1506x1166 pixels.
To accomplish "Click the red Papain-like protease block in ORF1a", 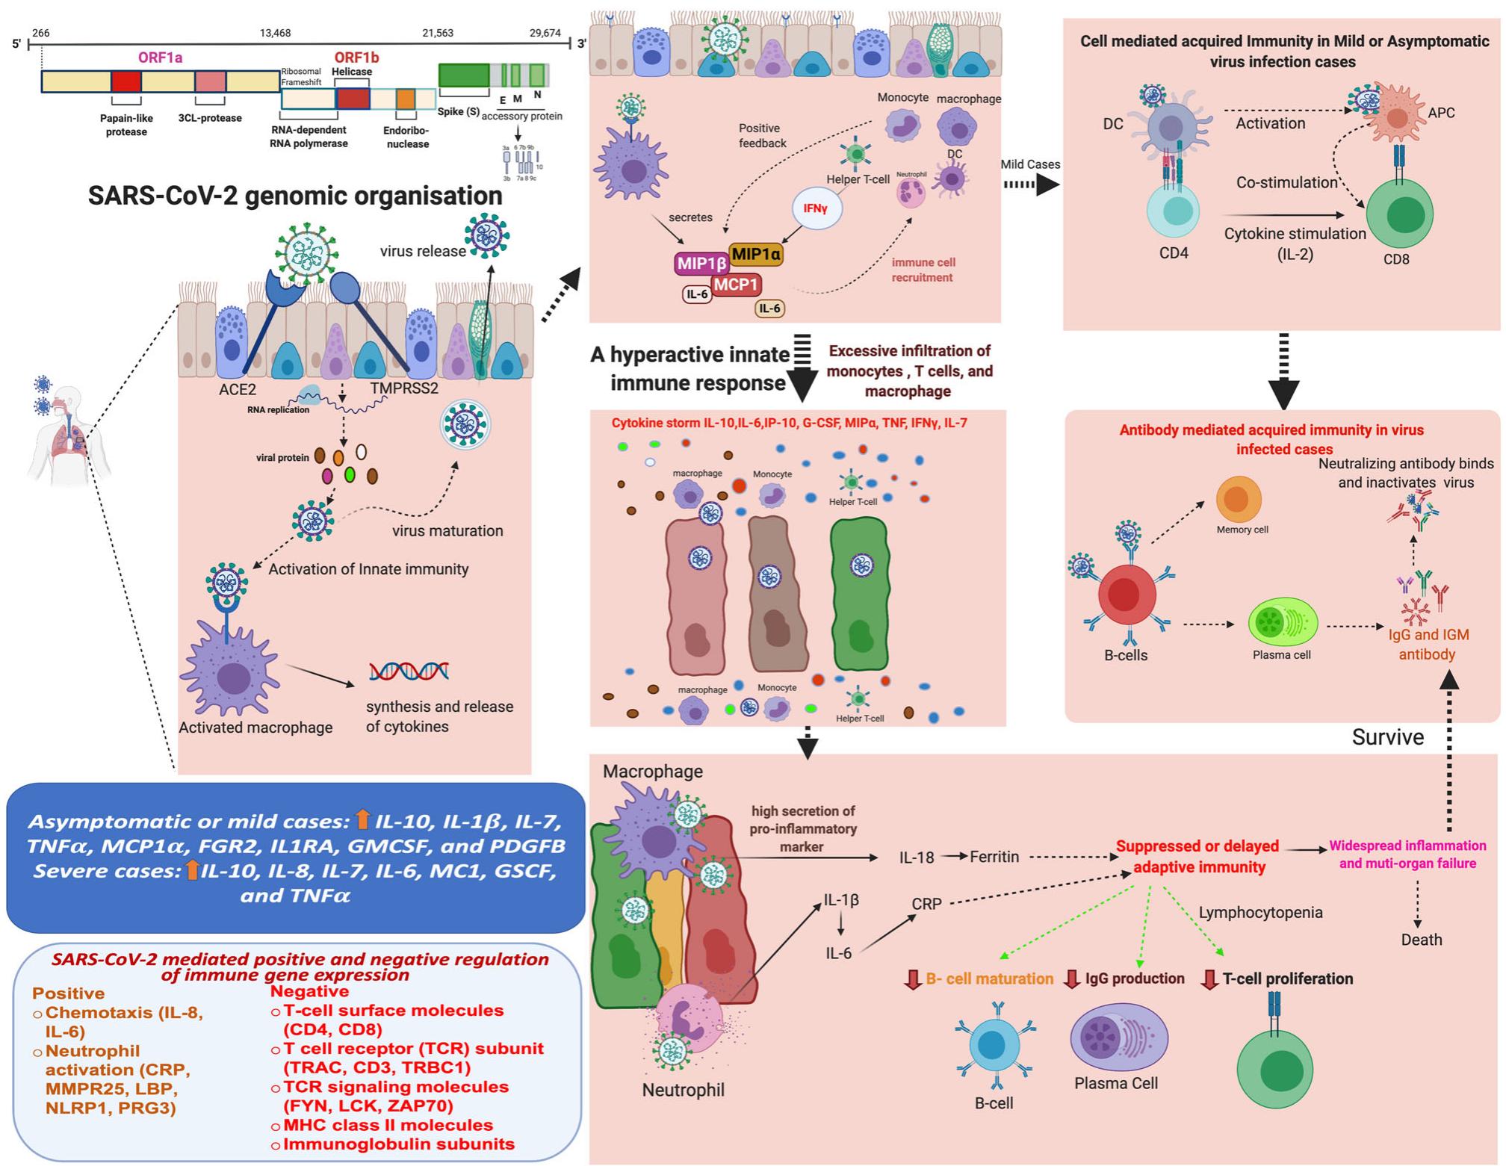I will tap(125, 81).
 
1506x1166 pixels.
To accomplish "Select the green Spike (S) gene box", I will tap(463, 75).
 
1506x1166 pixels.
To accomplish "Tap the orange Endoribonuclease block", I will tap(406, 99).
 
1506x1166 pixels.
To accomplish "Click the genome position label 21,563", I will tap(437, 33).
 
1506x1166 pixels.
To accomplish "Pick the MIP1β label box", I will tap(701, 263).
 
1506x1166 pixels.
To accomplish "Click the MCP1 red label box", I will tap(736, 285).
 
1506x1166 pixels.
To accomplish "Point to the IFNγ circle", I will tap(816, 208).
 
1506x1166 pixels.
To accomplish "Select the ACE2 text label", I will tap(238, 389).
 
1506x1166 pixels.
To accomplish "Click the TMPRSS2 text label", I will tap(404, 389).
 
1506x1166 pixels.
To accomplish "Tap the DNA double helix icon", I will tap(409, 671).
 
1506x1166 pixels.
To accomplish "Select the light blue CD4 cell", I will tap(1173, 211).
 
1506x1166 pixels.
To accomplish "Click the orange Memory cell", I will tap(1239, 499).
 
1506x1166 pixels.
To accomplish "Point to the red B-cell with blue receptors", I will tap(1127, 595).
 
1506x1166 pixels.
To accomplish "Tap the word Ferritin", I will tap(994, 857).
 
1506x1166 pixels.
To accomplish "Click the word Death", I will tap(1421, 940).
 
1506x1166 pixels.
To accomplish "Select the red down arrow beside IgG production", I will tap(1072, 979).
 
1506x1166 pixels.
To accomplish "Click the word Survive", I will tap(1387, 737).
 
